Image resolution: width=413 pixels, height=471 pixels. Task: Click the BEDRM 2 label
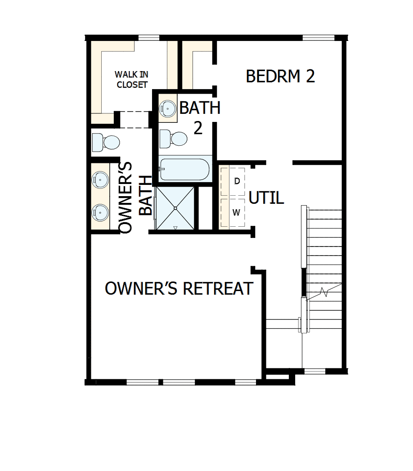(x=280, y=76)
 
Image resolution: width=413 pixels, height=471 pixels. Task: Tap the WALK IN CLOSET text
(x=131, y=79)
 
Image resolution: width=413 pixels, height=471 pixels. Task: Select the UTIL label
(x=266, y=197)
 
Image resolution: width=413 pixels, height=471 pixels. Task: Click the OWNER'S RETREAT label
(x=179, y=288)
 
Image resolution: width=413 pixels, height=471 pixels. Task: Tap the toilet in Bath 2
(x=175, y=139)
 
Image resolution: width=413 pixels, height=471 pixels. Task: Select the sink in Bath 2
(x=168, y=108)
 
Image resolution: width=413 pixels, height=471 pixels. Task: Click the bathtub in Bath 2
(x=184, y=169)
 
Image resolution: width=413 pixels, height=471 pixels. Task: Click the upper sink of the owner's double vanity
(x=100, y=180)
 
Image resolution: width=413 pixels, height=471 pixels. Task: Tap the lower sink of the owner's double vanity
(x=100, y=210)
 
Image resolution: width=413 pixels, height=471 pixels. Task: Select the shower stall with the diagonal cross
(x=175, y=208)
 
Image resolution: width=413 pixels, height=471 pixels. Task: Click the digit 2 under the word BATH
(x=198, y=128)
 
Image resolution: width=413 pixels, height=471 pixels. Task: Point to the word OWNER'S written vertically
(x=126, y=197)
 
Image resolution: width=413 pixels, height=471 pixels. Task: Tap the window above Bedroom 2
(x=318, y=37)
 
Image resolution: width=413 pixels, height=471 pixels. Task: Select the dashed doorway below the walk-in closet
(x=134, y=119)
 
